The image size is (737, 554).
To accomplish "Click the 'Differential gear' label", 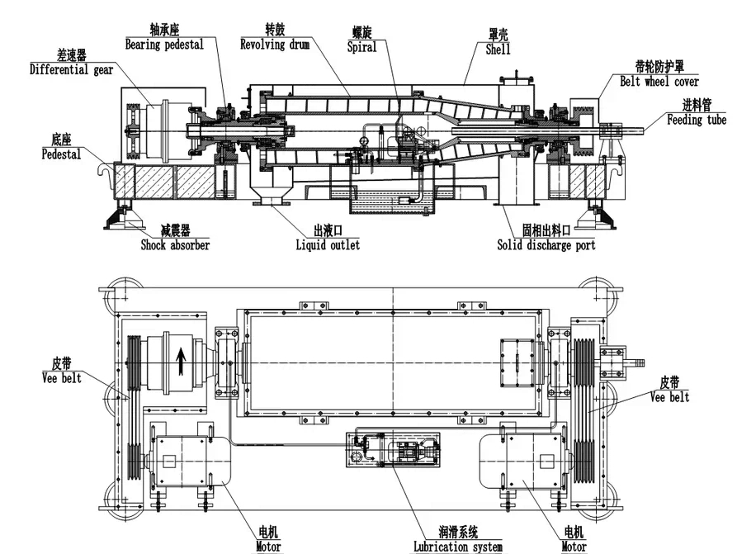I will pos(72,70).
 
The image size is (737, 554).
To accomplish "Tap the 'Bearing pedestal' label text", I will pos(164,45).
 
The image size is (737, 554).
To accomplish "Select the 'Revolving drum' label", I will pos(275,45).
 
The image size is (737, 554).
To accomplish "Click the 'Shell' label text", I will pos(498,50).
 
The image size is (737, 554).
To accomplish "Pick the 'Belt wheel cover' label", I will pos(659,81).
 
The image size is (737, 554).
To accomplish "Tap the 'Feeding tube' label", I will pos(697,121).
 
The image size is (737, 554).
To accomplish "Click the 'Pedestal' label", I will pos(61,154).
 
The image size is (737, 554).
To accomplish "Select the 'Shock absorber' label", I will pos(174,244).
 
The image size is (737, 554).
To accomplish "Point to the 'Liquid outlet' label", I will pos(328,244).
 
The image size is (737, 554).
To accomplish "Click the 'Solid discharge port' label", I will pos(546,244).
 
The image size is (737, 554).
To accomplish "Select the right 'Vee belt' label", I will pos(669,397).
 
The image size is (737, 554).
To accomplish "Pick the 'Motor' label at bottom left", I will pos(268,547).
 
